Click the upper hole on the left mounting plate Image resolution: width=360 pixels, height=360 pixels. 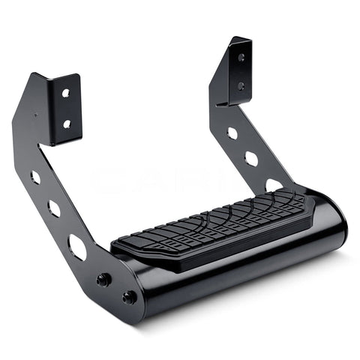pyautogui.click(x=66, y=93)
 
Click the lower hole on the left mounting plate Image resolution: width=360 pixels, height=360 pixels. pyautogui.click(x=66, y=123)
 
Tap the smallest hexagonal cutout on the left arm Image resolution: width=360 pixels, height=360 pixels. pyautogui.click(x=34, y=178)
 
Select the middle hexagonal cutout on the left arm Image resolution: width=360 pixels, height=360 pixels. pyautogui.click(x=53, y=208)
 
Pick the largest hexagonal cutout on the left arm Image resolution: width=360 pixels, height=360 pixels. pyautogui.click(x=77, y=246)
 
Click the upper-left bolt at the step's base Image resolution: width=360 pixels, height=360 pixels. pyautogui.click(x=104, y=279)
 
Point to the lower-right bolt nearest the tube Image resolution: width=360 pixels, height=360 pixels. pyautogui.click(x=129, y=297)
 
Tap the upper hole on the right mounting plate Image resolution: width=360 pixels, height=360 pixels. pyautogui.click(x=241, y=56)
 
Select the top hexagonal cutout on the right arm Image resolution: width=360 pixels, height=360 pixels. pyautogui.click(x=232, y=133)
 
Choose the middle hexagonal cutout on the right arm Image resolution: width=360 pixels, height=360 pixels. pyautogui.click(x=251, y=159)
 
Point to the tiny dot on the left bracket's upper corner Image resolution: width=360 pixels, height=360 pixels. pyautogui.click(x=34, y=116)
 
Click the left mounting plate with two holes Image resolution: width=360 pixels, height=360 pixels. pyautogui.click(x=64, y=109)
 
